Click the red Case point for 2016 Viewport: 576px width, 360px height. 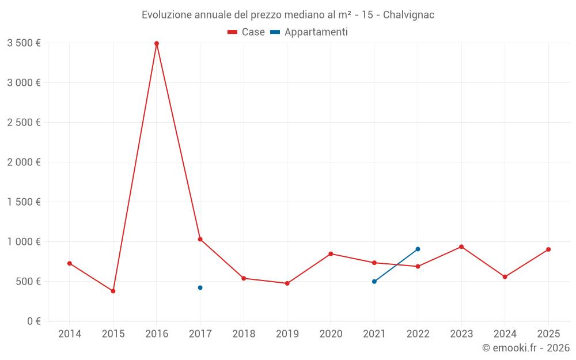(x=157, y=43)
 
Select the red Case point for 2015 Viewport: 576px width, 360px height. (x=113, y=291)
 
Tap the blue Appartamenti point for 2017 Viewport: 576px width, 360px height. (x=200, y=287)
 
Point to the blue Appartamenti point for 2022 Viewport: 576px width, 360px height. (x=418, y=249)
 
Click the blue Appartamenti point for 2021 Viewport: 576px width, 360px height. (x=374, y=282)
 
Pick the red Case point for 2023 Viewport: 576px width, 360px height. (x=461, y=247)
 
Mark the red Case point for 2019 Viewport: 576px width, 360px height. (x=287, y=283)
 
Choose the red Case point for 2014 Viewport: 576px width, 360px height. (x=70, y=263)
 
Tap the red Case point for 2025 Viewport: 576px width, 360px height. (x=548, y=249)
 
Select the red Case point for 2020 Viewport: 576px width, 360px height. (x=331, y=253)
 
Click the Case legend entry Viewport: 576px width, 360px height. (x=247, y=32)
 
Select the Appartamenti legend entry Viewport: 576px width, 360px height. (x=309, y=32)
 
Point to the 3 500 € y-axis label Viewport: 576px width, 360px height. (x=24, y=43)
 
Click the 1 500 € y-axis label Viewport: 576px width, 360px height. (x=24, y=202)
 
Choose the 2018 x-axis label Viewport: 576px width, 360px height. (x=244, y=334)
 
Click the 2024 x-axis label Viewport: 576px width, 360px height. (x=505, y=334)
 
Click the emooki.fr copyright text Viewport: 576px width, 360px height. (x=525, y=348)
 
